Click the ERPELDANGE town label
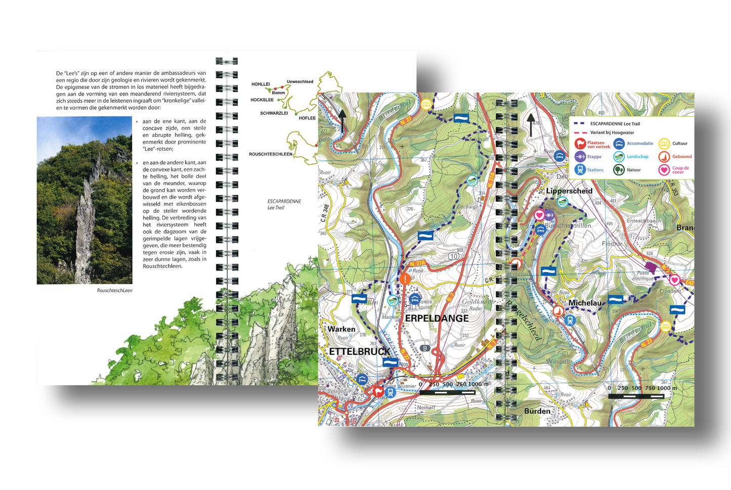(437, 318)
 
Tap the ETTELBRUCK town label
(359, 351)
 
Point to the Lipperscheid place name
(569, 191)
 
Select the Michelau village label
(584, 303)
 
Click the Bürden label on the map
(537, 411)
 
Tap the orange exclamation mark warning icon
(405, 279)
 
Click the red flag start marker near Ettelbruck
(378, 391)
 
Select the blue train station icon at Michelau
(570, 320)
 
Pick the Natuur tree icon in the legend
(619, 170)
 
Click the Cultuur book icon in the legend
(664, 144)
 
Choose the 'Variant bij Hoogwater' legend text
(612, 132)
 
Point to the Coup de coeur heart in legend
(664, 170)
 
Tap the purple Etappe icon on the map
(549, 215)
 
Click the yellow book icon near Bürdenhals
(666, 327)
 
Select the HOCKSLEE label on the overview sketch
(262, 100)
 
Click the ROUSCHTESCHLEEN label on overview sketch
(270, 154)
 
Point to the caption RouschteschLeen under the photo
(114, 290)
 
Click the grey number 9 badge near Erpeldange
(425, 348)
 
